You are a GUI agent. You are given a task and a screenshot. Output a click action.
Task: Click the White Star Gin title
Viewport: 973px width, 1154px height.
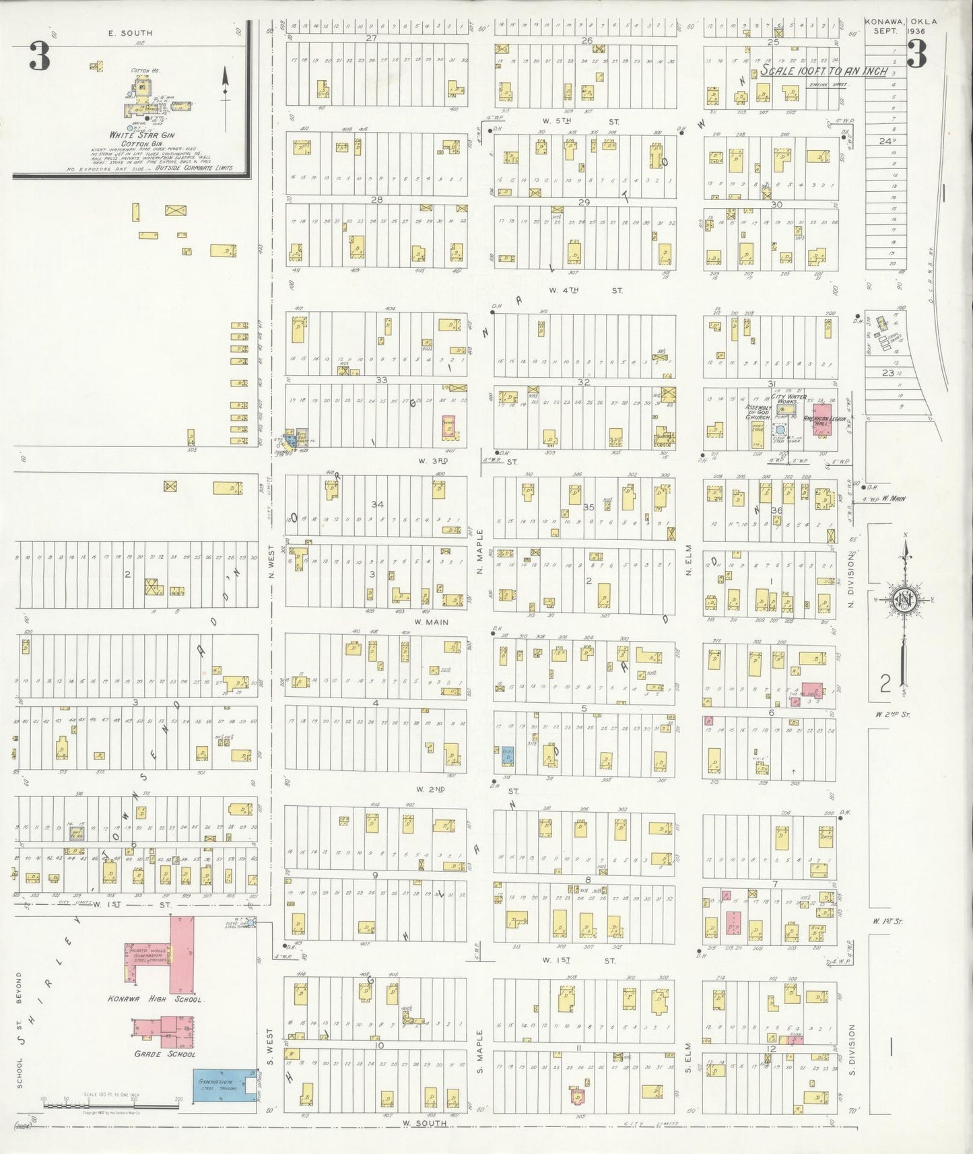[133, 135]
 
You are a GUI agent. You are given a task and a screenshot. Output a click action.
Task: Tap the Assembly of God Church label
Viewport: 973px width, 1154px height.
[757, 412]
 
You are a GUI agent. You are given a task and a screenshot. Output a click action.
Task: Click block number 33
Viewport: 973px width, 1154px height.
[381, 380]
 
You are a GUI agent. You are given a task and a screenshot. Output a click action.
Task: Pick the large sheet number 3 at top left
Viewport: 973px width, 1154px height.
[39, 57]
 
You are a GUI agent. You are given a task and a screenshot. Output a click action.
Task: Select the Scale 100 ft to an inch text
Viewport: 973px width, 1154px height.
[824, 71]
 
